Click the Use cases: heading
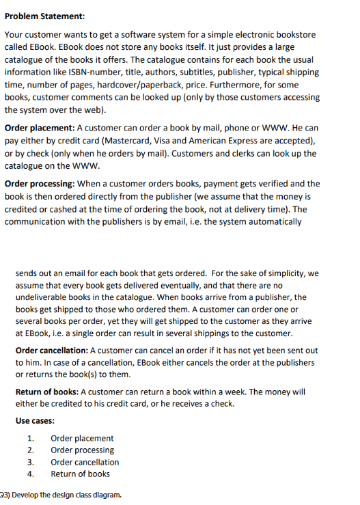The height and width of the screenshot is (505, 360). (35, 420)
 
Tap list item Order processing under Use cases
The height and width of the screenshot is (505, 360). (83, 450)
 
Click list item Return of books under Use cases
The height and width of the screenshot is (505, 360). (81, 474)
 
